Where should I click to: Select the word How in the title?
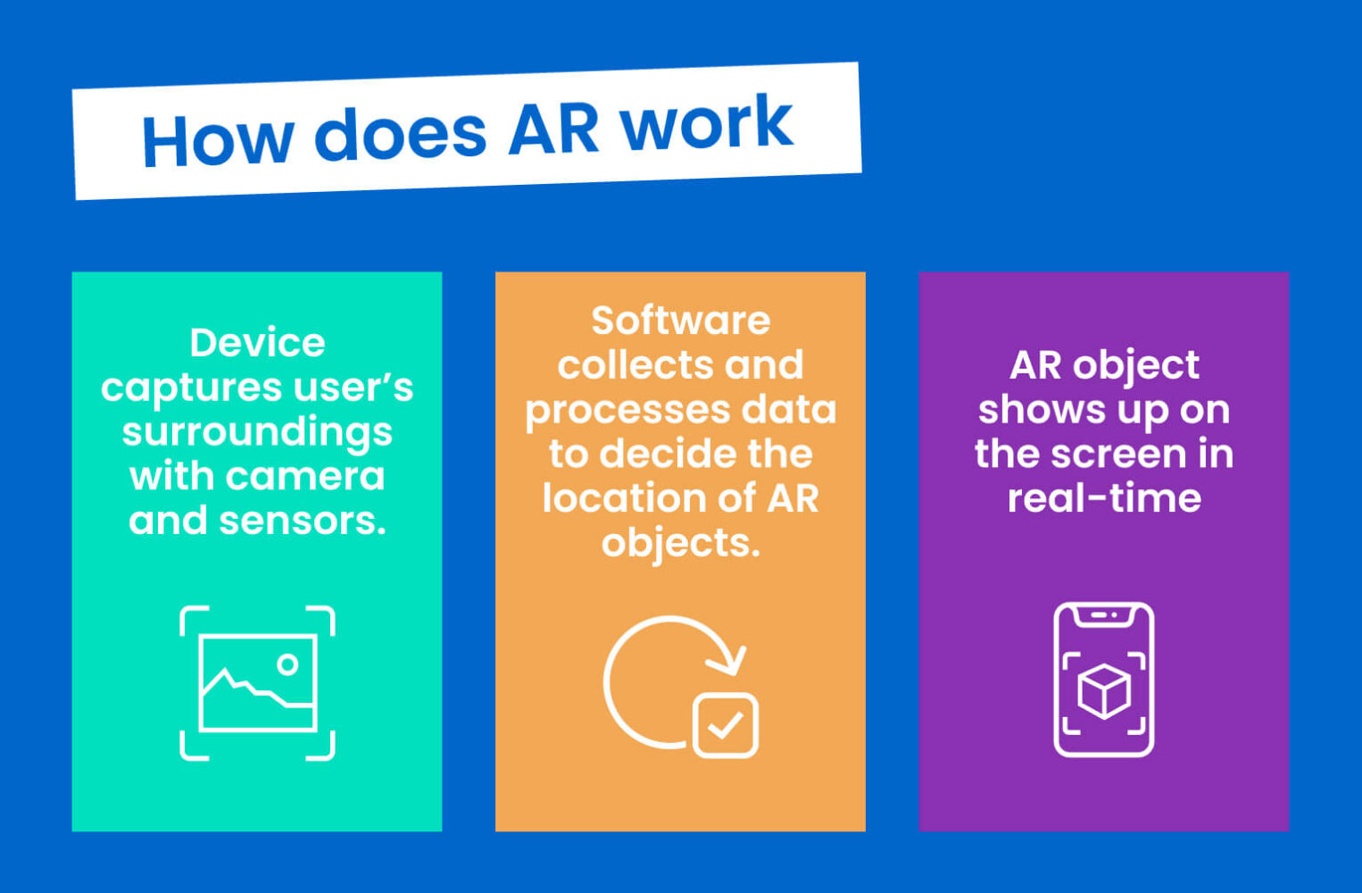coord(217,140)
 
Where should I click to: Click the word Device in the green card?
coord(257,343)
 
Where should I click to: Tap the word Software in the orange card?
coord(680,321)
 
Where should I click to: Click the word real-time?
coord(1104,498)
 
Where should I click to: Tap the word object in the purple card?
coord(1136,365)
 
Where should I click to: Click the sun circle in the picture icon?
coord(287,664)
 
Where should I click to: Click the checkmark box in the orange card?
coord(726,725)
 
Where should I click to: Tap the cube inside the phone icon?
coord(1104,690)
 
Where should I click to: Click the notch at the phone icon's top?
coord(1104,615)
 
